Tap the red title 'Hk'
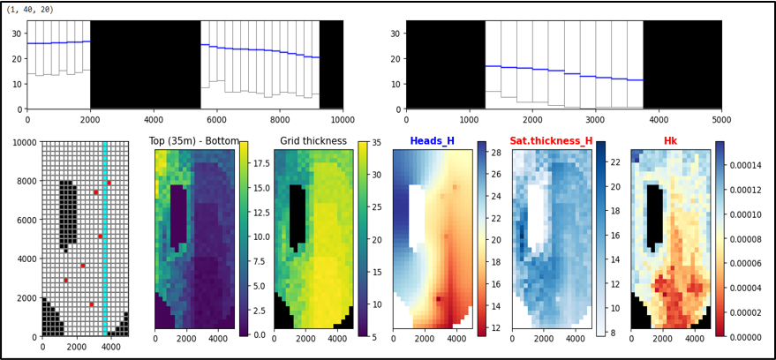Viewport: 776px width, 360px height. point(671,142)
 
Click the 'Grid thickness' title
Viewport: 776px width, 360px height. point(313,142)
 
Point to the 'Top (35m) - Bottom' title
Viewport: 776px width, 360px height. point(194,140)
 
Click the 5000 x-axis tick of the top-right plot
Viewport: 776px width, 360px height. point(721,119)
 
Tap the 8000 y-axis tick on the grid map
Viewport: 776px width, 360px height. point(28,181)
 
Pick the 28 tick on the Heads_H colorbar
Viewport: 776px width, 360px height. point(495,153)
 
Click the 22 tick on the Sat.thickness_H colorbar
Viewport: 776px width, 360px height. point(614,161)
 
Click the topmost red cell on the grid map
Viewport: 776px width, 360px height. point(109,183)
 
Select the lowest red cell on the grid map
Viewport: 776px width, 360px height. point(92,304)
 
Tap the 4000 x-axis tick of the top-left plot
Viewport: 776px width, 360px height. point(154,119)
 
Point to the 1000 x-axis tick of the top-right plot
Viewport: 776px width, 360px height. point(469,119)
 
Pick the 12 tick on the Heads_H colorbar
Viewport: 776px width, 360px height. point(495,327)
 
